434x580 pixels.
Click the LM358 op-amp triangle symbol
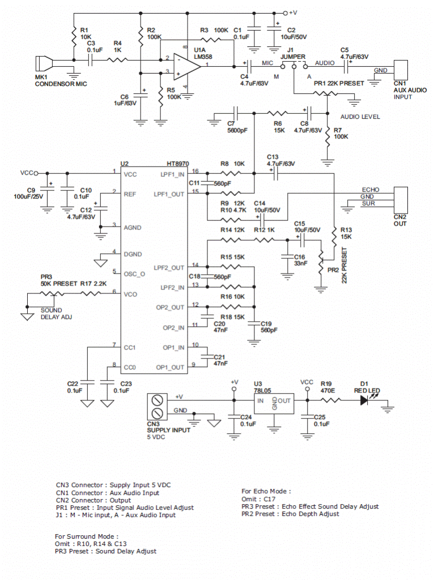187,67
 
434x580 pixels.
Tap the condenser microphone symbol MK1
44,63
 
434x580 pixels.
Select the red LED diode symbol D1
365,400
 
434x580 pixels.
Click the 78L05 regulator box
274,403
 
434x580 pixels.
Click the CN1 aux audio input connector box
401,70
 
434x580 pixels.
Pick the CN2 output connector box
401,200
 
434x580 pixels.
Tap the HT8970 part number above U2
177,164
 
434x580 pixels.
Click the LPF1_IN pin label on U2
172,174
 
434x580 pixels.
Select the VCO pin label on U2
130,294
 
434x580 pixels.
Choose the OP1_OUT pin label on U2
170,367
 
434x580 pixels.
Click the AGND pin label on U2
133,228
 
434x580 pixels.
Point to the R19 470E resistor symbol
330,400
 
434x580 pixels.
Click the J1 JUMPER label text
293,53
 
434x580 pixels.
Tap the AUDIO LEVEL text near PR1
360,117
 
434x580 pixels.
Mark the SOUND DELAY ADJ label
56,314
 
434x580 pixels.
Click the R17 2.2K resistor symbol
91,294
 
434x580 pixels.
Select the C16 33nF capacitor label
300,260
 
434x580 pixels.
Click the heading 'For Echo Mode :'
266,491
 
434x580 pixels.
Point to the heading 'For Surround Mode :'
87,536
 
